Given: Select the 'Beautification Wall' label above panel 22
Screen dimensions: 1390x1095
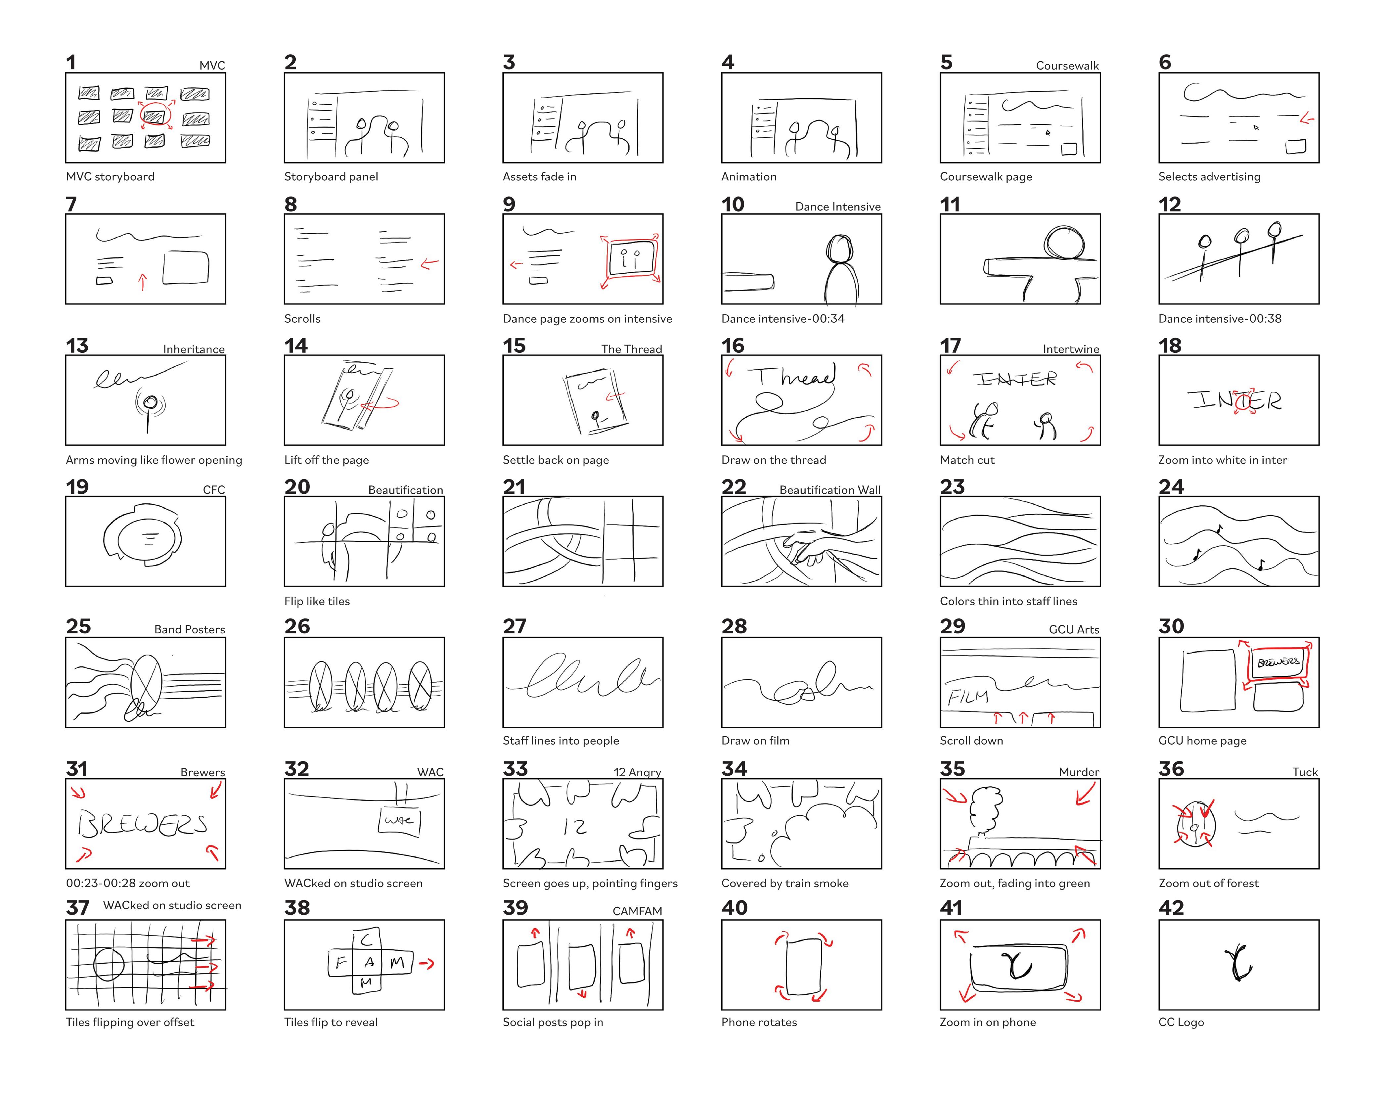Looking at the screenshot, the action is (830, 490).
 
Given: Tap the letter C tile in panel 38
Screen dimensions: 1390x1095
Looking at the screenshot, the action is (367, 940).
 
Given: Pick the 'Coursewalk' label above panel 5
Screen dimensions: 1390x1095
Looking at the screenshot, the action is (1067, 66).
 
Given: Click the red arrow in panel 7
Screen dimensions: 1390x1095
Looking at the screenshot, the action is (142, 282).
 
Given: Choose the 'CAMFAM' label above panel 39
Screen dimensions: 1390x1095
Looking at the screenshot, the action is (637, 911).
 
